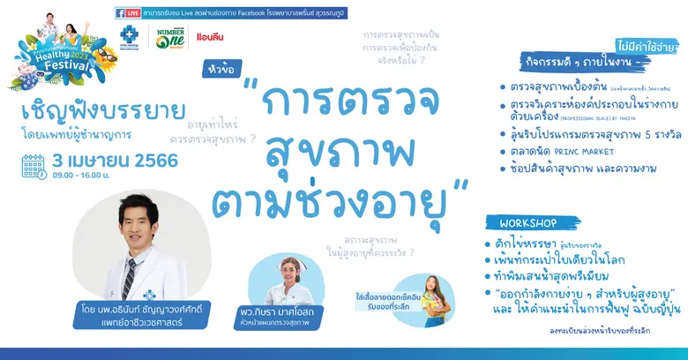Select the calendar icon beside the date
34,166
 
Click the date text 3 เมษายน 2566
115,161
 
